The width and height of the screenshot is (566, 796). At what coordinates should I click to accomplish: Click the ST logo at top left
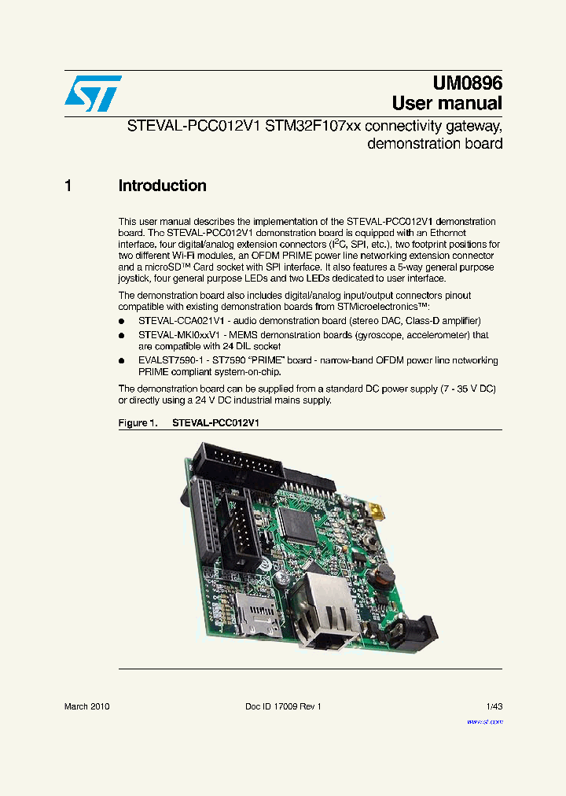(93, 94)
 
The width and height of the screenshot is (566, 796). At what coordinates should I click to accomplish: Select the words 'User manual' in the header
(447, 103)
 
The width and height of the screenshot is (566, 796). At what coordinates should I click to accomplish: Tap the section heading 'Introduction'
(162, 186)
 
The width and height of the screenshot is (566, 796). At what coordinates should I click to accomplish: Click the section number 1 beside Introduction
(68, 186)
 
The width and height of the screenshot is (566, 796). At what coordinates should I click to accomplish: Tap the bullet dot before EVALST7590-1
(122, 361)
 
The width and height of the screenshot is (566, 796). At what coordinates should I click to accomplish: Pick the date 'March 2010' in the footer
(86, 706)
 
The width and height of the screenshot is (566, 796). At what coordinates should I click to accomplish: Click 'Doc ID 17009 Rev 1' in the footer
(283, 706)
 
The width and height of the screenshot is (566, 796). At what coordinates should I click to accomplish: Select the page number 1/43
(494, 706)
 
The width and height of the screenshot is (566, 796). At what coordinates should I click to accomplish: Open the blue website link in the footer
(484, 720)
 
